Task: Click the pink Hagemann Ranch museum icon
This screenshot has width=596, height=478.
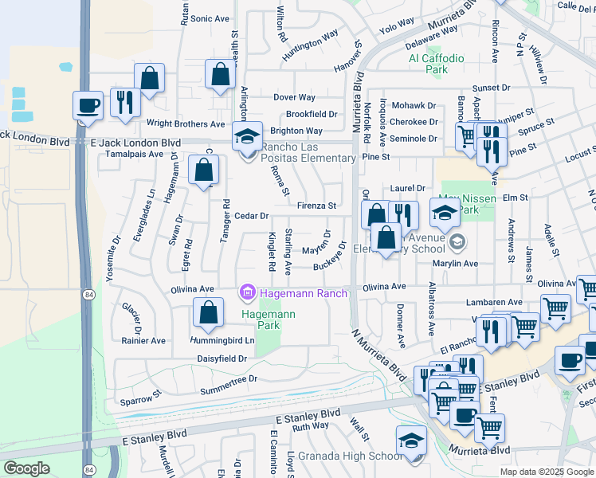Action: pyautogui.click(x=247, y=295)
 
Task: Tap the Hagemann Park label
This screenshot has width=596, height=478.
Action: pyautogui.click(x=269, y=320)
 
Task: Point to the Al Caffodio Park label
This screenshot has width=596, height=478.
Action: pyautogui.click(x=436, y=64)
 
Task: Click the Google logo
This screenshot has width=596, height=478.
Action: pyautogui.click(x=27, y=468)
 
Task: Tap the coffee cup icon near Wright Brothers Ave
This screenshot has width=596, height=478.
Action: pyautogui.click(x=88, y=106)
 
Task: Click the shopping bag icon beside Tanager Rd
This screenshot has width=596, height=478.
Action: pyautogui.click(x=204, y=170)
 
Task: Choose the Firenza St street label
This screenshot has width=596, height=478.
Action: pyautogui.click(x=316, y=206)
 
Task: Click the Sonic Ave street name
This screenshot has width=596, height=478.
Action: pyautogui.click(x=210, y=18)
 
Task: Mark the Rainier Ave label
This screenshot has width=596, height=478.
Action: pyautogui.click(x=143, y=340)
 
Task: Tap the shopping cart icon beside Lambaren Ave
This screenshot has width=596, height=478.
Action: pyautogui.click(x=555, y=309)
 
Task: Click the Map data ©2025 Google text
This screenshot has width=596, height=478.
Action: pyautogui.click(x=546, y=472)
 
